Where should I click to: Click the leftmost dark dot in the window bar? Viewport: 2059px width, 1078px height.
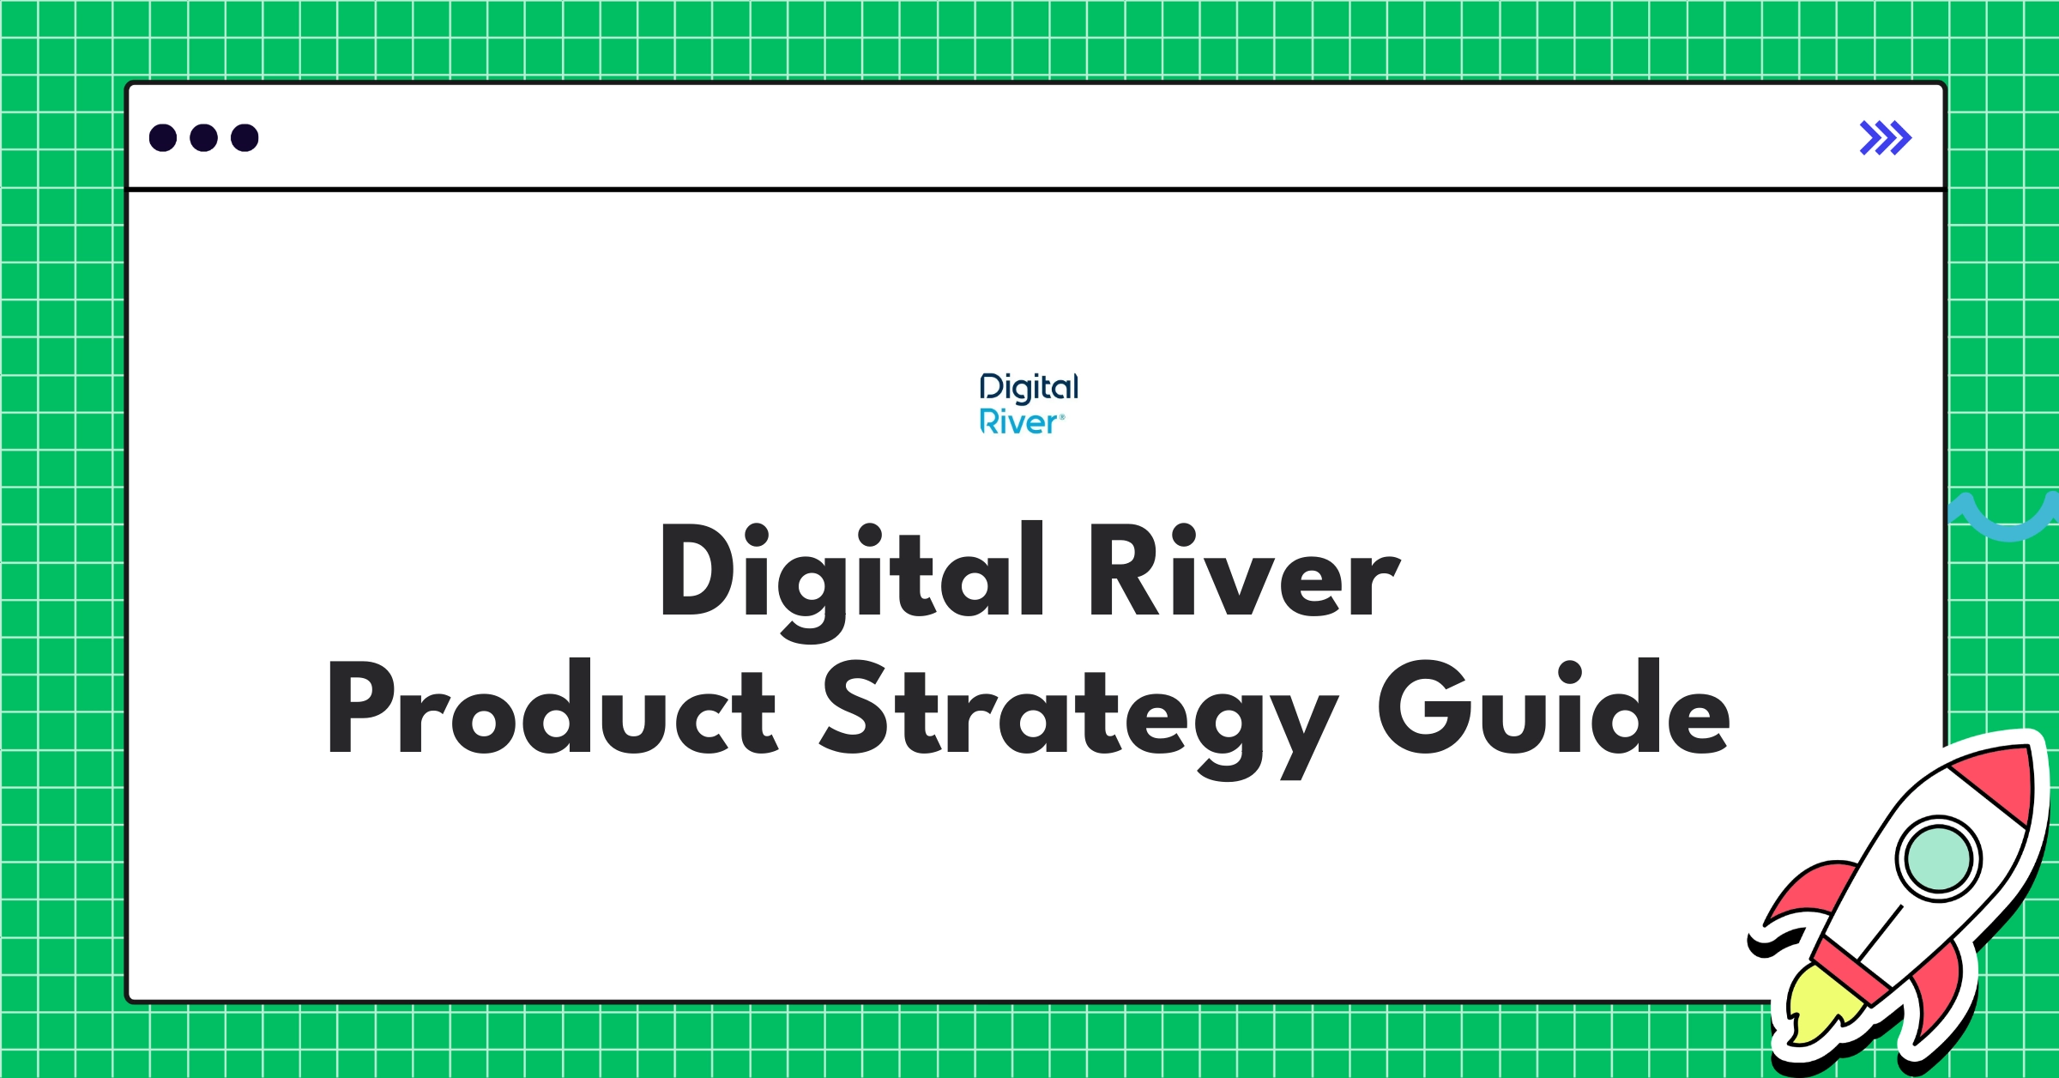pyautogui.click(x=163, y=137)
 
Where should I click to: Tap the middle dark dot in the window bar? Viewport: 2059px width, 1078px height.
pyautogui.click(x=203, y=137)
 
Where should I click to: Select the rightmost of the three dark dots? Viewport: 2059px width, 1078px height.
pyautogui.click(x=245, y=137)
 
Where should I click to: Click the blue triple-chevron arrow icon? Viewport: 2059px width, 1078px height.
pyautogui.click(x=1885, y=138)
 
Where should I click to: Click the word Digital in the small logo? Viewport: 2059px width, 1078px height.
pyautogui.click(x=1029, y=388)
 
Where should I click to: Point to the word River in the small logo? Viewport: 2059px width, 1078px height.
pyautogui.click(x=1019, y=422)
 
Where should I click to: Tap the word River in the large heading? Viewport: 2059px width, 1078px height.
pyautogui.click(x=1244, y=572)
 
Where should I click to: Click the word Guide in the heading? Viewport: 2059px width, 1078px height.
pyautogui.click(x=1553, y=709)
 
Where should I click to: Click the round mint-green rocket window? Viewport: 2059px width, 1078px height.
pyautogui.click(x=1938, y=859)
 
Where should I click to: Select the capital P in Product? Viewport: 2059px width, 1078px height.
pyautogui.click(x=360, y=709)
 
